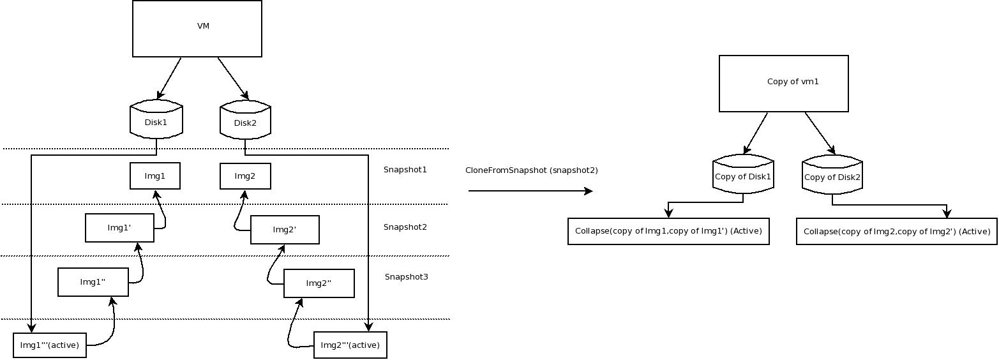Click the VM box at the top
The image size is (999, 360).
(x=197, y=29)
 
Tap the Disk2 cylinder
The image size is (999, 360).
(x=245, y=122)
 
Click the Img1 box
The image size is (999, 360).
(x=155, y=176)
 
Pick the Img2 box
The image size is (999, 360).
(x=245, y=176)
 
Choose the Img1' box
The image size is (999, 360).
(x=119, y=228)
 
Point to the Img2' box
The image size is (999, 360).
(x=285, y=230)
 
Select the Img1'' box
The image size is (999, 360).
(x=93, y=282)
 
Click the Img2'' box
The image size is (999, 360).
(x=319, y=283)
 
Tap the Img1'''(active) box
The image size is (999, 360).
(x=50, y=345)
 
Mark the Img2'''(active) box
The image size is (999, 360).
(x=350, y=345)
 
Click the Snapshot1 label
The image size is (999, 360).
(x=405, y=170)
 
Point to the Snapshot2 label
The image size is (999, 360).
(x=405, y=227)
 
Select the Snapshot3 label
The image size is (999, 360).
(x=407, y=277)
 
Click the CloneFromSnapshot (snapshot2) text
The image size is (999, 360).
(x=532, y=170)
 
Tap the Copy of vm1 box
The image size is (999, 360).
(x=783, y=84)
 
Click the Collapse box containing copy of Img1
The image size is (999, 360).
(x=668, y=231)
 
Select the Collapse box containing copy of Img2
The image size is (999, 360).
(x=896, y=232)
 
